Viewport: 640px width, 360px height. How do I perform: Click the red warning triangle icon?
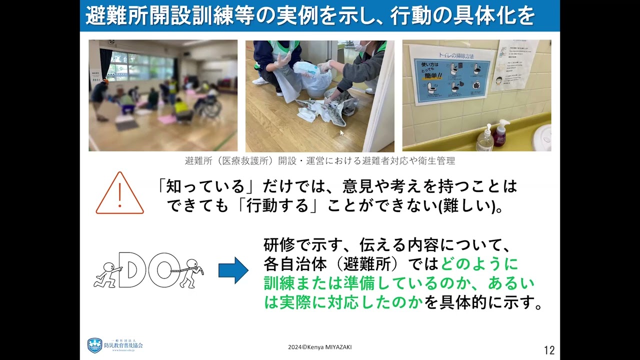tap(119, 194)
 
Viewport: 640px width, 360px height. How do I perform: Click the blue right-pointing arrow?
tap(233, 270)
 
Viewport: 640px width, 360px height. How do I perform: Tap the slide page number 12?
tap(548, 350)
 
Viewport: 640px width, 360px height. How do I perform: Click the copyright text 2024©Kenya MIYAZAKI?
tap(319, 347)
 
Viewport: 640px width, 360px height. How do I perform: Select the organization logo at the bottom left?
tap(115, 345)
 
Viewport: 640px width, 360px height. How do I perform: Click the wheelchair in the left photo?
tap(210, 105)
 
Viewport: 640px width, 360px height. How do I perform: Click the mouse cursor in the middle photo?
tap(342, 133)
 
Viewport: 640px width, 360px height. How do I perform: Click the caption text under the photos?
tap(319, 161)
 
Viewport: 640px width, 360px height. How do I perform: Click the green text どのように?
tap(480, 263)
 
